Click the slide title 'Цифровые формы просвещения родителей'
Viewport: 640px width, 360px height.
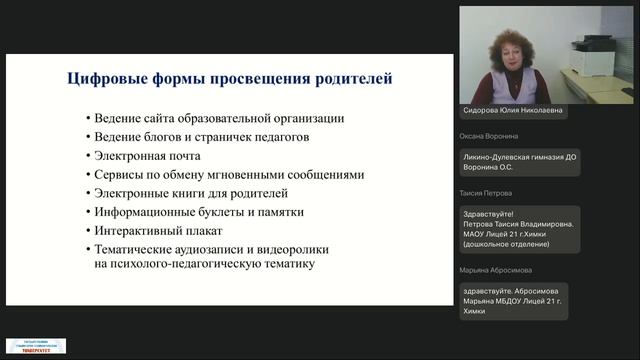coord(229,78)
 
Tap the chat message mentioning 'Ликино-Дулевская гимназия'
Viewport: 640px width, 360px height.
coord(520,163)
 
